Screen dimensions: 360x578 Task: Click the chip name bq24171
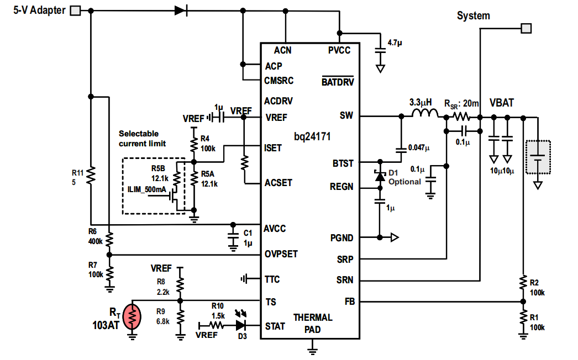[312, 136]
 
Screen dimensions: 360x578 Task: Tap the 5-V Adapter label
[39, 10]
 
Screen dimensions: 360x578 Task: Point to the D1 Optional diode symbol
[380, 177]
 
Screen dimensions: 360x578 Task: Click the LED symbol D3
[241, 325]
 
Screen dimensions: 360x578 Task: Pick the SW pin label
[346, 116]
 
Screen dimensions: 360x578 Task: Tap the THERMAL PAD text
[313, 323]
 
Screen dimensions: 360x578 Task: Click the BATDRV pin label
[337, 82]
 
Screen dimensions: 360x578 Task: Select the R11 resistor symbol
[91, 175]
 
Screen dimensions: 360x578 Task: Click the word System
[473, 16]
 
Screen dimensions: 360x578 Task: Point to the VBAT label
[501, 103]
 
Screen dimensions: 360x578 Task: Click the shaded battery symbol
[538, 157]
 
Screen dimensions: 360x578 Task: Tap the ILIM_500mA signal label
[146, 189]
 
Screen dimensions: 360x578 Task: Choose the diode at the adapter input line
[180, 10]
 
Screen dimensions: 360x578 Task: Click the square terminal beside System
[527, 28]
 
